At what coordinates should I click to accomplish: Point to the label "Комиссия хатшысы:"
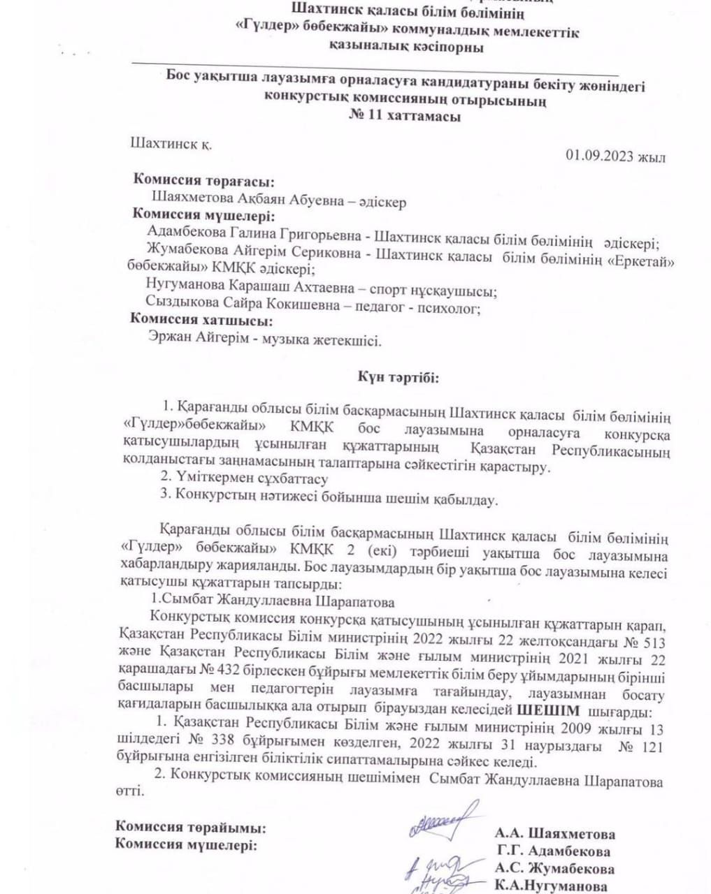coord(202,321)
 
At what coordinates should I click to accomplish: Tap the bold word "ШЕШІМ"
coord(548,711)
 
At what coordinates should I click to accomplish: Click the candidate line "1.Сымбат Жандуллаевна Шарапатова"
coord(273,601)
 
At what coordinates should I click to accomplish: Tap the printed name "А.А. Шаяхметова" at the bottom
coord(555,834)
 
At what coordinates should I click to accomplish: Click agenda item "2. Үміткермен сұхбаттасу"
coord(244,478)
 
